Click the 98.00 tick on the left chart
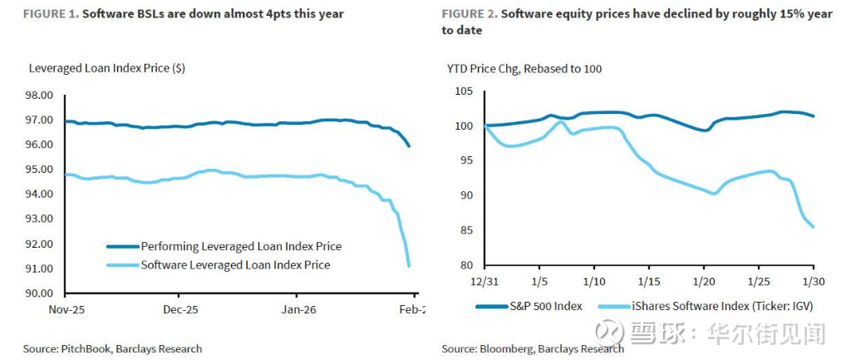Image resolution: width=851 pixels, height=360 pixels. point(42,95)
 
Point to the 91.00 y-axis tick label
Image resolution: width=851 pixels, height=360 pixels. point(42,269)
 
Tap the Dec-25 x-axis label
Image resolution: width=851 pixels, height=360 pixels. point(178,309)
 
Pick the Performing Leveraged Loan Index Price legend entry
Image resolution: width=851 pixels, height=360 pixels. point(240,246)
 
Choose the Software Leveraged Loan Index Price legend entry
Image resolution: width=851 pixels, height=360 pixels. point(235,264)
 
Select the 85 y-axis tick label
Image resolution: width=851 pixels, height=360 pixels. point(465,231)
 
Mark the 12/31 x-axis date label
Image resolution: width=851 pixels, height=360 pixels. point(485,282)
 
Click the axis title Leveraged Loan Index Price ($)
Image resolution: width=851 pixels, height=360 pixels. point(107,68)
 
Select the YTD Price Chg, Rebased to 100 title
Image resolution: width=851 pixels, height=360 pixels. point(524,68)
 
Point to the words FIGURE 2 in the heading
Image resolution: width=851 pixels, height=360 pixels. point(468,14)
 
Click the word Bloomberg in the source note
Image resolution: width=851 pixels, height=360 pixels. point(508,348)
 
